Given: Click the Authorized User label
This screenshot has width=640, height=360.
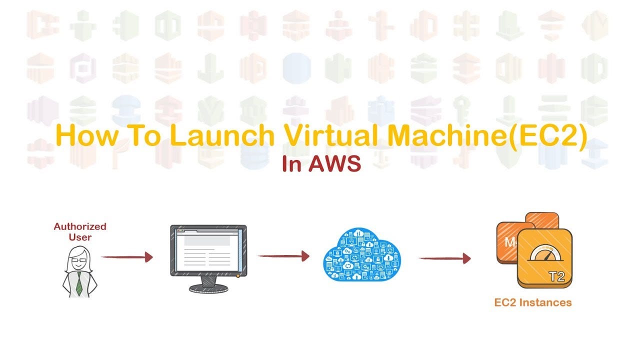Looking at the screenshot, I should [80, 231].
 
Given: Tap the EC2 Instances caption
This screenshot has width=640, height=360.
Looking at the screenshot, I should [532, 302].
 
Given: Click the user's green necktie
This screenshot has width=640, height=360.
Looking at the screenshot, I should [79, 283].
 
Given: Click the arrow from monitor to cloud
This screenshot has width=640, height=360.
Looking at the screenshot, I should [283, 256].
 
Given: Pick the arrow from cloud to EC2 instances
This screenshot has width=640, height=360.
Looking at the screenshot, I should [444, 258].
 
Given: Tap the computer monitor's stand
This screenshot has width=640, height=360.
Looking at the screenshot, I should [208, 285].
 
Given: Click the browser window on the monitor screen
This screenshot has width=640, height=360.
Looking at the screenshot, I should [208, 250].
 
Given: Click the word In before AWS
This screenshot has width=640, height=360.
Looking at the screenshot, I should [291, 164].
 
